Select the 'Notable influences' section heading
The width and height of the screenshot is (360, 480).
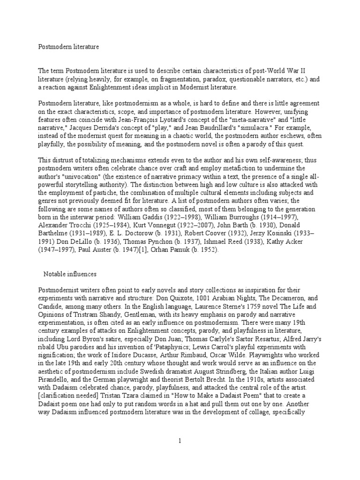coord(70,273)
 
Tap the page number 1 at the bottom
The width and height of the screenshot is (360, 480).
coord(179,441)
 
